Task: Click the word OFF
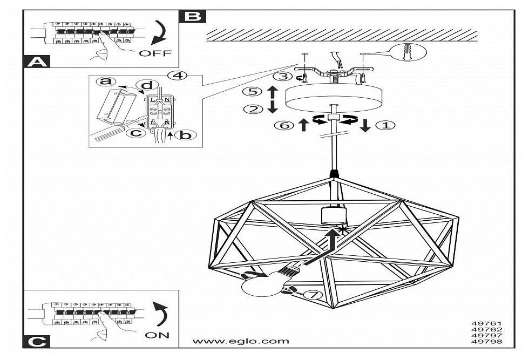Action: (x=155, y=53)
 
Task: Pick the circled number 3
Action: (x=280, y=77)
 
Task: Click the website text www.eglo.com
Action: (x=241, y=341)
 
